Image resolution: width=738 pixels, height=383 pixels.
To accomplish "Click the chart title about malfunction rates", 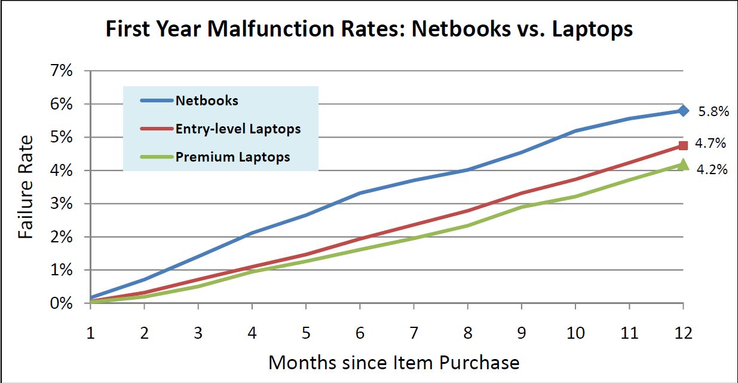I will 369,29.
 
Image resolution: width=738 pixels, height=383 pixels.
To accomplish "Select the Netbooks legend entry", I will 206,100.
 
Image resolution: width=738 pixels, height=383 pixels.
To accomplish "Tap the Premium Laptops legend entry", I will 232,157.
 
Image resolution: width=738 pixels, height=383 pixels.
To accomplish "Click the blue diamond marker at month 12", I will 683,111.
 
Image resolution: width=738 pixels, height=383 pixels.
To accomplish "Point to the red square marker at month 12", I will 683,145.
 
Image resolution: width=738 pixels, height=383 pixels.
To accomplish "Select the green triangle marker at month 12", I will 683,165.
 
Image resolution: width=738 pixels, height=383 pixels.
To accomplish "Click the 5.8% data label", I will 712,111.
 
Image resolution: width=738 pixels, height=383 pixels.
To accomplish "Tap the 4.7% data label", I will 712,144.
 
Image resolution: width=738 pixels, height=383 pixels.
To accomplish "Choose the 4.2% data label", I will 712,170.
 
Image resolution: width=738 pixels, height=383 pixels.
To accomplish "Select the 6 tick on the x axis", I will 360,333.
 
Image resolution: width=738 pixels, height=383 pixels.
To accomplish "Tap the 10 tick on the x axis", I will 575,333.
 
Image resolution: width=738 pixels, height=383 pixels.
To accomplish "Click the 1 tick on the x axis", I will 91,333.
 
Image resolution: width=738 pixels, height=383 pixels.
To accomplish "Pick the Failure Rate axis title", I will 26,187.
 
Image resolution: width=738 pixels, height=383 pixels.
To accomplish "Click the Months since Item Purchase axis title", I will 393,362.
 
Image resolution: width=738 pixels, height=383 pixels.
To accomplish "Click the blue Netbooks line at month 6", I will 360,193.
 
